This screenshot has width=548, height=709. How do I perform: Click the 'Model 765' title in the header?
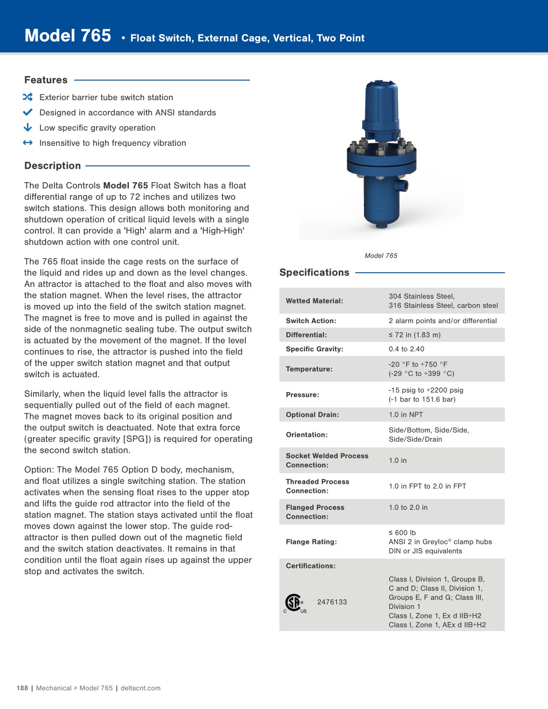pyautogui.click(x=68, y=36)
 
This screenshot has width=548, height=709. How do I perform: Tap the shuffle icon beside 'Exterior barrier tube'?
pyautogui.click(x=28, y=97)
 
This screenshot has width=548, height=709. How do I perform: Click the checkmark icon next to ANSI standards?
pyautogui.click(x=28, y=112)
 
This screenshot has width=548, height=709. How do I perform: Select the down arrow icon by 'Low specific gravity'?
pyautogui.click(x=28, y=128)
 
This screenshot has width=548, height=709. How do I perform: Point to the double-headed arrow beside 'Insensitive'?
pyautogui.click(x=28, y=143)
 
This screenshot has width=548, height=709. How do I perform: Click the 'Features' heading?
pyautogui.click(x=46, y=80)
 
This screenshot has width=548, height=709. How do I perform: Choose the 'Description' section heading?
pyautogui.click(x=52, y=166)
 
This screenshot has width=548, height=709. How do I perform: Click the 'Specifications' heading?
pyautogui.click(x=314, y=273)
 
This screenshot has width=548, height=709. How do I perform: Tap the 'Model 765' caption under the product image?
pyautogui.click(x=381, y=256)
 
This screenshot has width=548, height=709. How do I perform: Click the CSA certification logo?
pyautogui.click(x=294, y=603)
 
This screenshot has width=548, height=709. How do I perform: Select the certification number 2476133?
pyautogui.click(x=332, y=602)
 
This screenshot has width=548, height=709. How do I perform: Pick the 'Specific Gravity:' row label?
pyautogui.click(x=314, y=349)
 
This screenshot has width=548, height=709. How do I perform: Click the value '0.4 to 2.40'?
pyautogui.click(x=407, y=349)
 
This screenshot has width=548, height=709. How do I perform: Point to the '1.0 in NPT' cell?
pyautogui.click(x=406, y=415)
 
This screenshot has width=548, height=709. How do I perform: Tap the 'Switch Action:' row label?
pyautogui.click(x=311, y=321)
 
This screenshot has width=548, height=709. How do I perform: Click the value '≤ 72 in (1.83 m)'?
pyautogui.click(x=415, y=335)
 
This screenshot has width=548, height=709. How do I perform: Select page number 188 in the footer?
pyautogui.click(x=22, y=688)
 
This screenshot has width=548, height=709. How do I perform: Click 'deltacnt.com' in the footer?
pyautogui.click(x=141, y=688)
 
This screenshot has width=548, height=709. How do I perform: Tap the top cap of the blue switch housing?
pyautogui.click(x=381, y=85)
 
